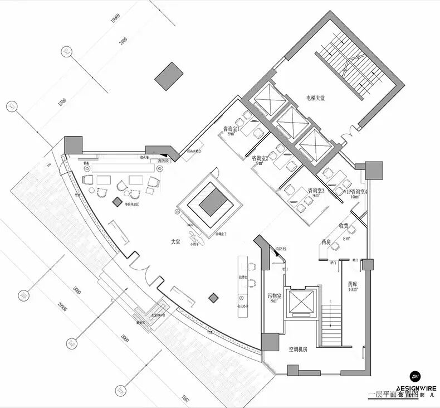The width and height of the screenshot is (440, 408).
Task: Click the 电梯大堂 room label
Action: pyautogui.click(x=315, y=98)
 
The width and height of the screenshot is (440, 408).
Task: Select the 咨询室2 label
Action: pyautogui.click(x=261, y=159)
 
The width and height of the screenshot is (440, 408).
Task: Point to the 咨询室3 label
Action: pyautogui.click(x=316, y=191)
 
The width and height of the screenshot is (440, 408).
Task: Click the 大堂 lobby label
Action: pyautogui.click(x=175, y=242)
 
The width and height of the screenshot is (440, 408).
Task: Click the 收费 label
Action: pyautogui.click(x=344, y=226)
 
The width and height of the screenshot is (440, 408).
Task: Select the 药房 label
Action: pyautogui.click(x=327, y=242)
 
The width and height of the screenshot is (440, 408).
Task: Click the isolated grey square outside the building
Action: pyautogui.click(x=169, y=76)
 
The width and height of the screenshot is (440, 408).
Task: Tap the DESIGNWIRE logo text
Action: pyautogui.click(x=416, y=388)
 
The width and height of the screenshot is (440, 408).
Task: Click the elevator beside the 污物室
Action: pyautogui.click(x=301, y=303)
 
